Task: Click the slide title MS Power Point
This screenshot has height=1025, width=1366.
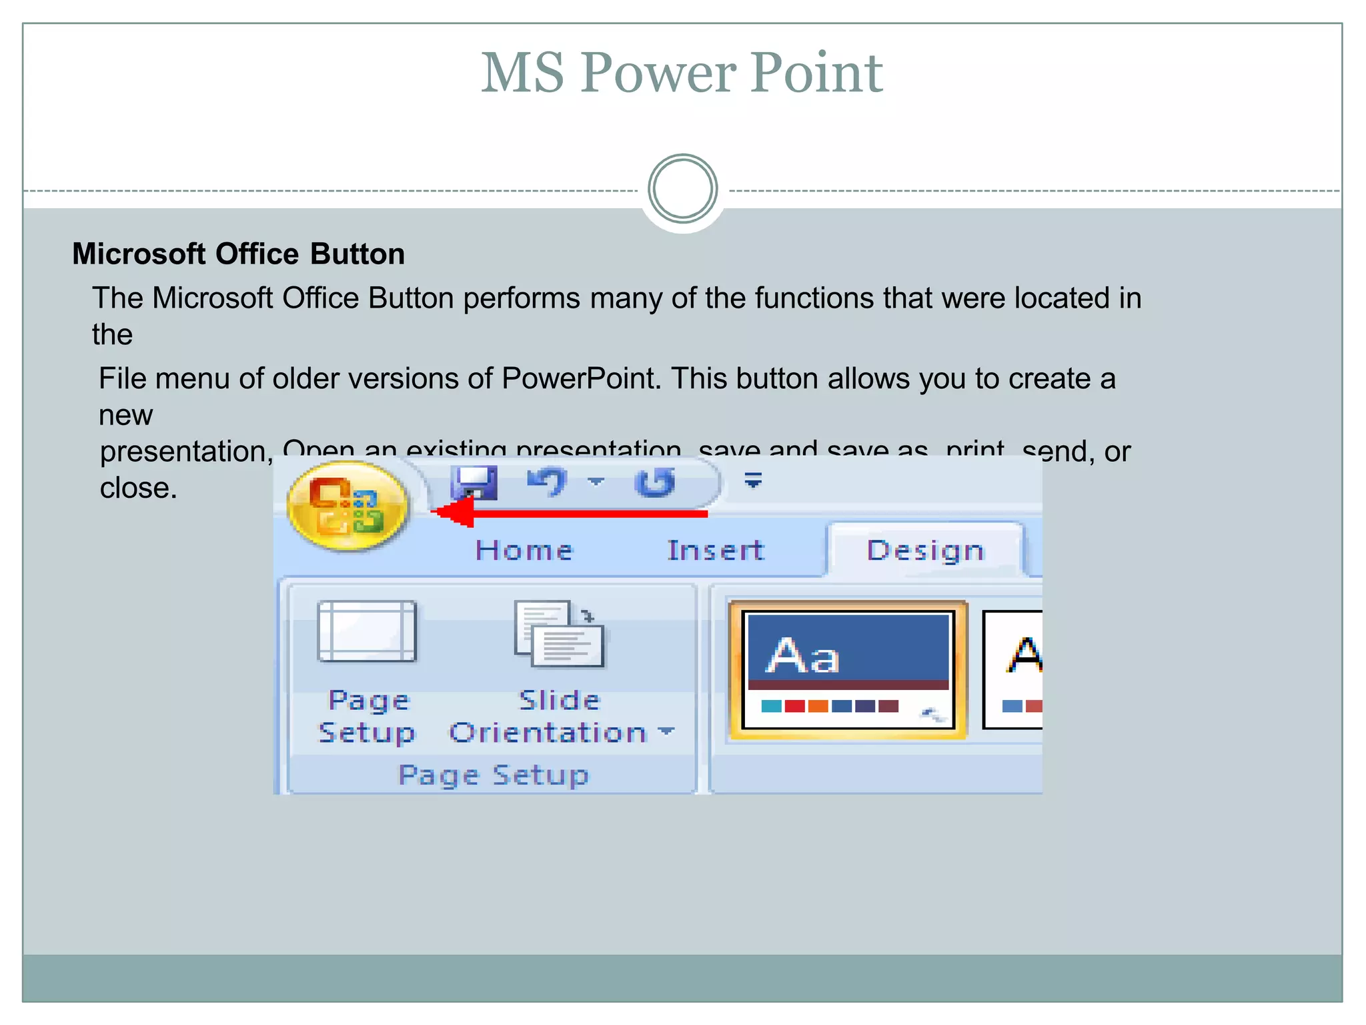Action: pos(682,73)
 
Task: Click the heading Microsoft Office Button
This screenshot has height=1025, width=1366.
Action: pos(238,254)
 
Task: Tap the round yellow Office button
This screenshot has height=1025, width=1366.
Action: pos(347,506)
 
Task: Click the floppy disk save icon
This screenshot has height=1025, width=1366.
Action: pos(474,482)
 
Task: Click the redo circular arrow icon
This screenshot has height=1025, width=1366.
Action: pos(656,482)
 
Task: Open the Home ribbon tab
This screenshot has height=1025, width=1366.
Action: pos(524,551)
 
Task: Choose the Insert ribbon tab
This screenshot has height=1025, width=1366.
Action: pos(716,551)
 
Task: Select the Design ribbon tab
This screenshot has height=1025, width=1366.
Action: pos(925,551)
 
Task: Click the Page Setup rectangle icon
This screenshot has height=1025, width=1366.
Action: pos(367,631)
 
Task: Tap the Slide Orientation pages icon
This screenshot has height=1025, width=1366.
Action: pos(559,634)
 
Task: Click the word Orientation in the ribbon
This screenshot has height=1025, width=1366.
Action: pos(548,733)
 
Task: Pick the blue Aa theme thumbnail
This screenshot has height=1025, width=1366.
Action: pos(848,670)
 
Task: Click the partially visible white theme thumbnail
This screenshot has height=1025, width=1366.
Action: pos(1014,670)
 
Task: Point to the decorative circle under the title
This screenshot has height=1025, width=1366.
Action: pos(682,189)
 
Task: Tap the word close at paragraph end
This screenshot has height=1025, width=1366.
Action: pos(138,488)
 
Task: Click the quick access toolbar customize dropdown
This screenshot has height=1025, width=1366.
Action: pos(753,480)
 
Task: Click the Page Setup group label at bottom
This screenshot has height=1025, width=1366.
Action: pos(494,775)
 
